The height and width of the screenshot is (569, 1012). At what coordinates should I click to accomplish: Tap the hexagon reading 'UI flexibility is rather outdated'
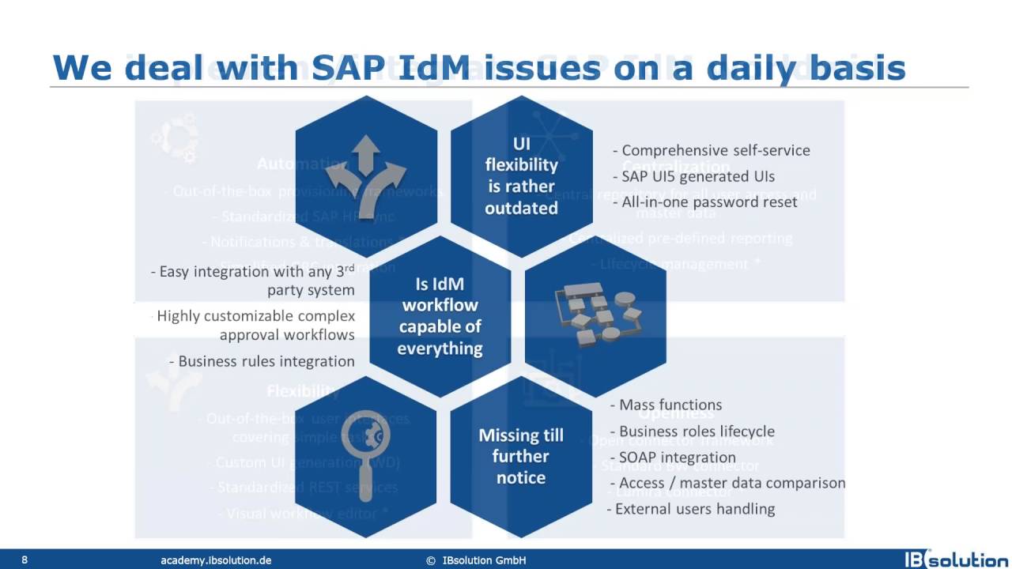coord(521,175)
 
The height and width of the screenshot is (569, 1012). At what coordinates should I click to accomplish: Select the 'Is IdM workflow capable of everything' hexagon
coord(440,316)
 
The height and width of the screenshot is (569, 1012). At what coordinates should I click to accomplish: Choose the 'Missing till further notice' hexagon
coord(520,456)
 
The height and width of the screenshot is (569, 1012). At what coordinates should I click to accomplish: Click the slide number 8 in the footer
coord(25,560)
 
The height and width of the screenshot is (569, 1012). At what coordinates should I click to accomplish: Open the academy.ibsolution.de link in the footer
coord(216,560)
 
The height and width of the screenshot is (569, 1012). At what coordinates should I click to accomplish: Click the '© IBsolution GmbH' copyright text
coord(476,560)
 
